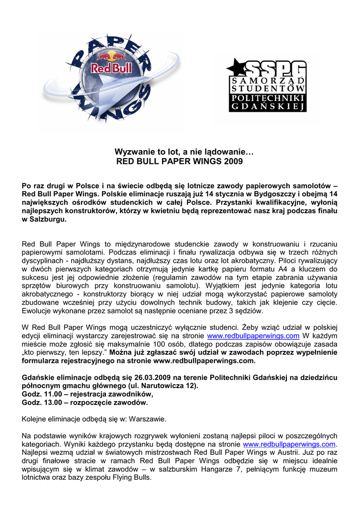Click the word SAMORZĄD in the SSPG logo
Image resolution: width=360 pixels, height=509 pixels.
click(268, 81)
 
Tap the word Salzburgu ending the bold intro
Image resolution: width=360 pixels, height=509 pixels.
click(48, 219)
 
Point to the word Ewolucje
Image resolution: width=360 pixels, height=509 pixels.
click(38, 311)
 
